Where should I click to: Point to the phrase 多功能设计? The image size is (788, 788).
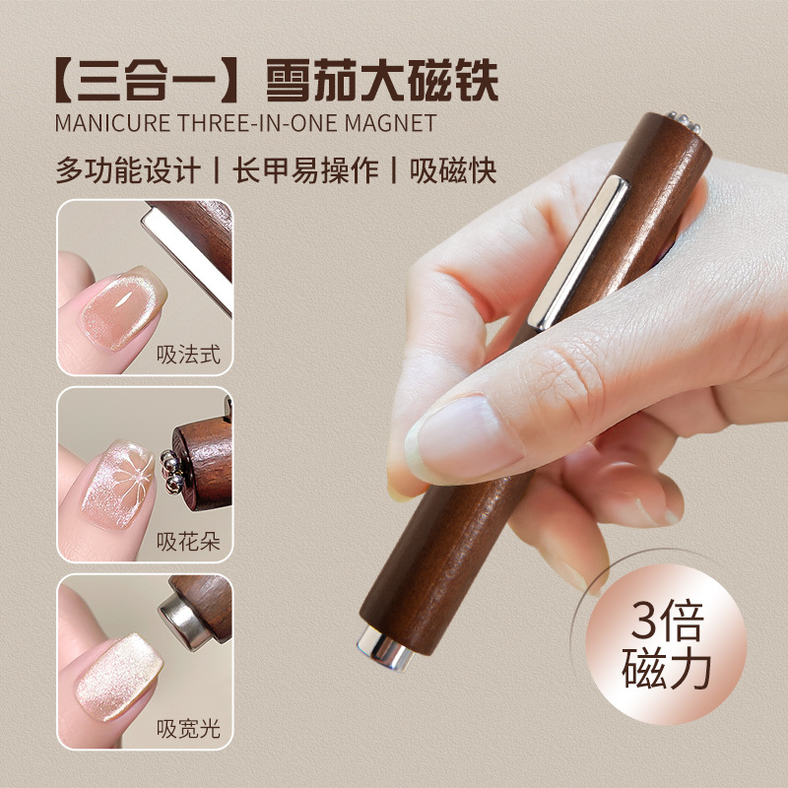127,168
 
